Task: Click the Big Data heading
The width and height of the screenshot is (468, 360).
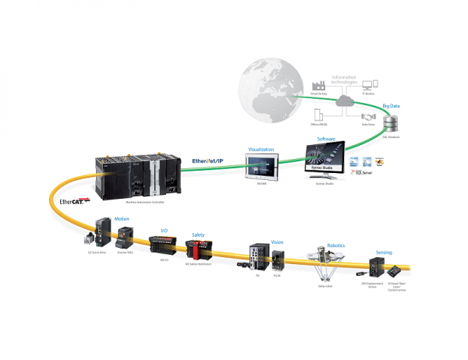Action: coord(391,104)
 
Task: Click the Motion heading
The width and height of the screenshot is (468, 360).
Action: coord(122,220)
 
